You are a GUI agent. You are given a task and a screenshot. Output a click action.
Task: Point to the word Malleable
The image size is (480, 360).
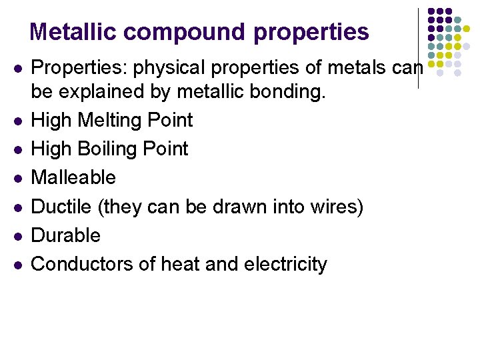[x=73, y=178]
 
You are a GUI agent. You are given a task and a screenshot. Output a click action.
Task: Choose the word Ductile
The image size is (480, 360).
[x=62, y=207]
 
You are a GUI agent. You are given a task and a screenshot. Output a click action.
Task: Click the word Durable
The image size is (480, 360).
[x=66, y=235]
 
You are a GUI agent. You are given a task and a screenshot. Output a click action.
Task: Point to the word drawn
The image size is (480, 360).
[x=243, y=207]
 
